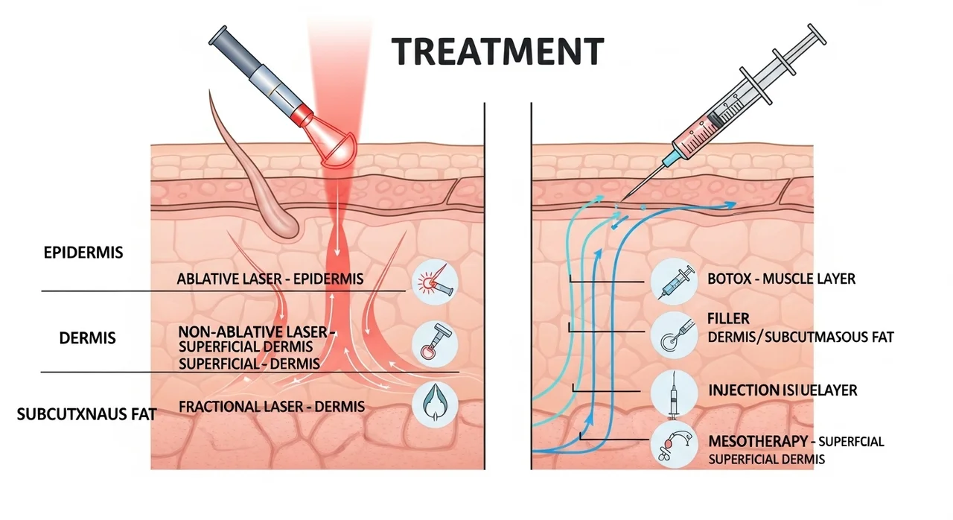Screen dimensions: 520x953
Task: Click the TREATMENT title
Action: point(497,51)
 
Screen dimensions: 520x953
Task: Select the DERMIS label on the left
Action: point(87,337)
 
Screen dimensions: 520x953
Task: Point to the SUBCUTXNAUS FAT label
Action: point(86,414)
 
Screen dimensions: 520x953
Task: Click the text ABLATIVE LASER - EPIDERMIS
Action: point(270,279)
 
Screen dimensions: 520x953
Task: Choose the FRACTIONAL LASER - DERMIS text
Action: point(272,407)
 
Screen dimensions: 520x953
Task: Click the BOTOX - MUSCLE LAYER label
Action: point(782,279)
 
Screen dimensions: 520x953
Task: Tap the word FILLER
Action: point(729,320)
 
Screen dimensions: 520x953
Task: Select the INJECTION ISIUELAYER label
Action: point(783,390)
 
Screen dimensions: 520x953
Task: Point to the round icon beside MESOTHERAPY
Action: point(672,444)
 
